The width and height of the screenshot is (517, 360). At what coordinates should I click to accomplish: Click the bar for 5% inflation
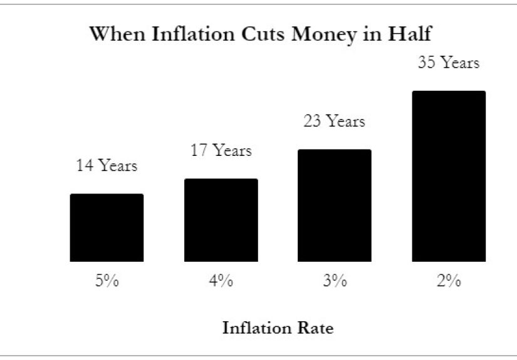(x=107, y=227)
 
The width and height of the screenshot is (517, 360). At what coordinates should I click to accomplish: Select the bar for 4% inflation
(x=221, y=220)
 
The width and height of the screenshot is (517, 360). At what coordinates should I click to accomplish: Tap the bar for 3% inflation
(x=334, y=205)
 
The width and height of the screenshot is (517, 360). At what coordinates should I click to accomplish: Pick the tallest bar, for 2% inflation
(x=448, y=176)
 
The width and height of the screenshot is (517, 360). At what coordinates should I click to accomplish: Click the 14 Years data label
(x=107, y=166)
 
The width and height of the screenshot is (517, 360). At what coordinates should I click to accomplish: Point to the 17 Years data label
(x=221, y=151)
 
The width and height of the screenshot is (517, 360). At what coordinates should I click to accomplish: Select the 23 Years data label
(x=334, y=121)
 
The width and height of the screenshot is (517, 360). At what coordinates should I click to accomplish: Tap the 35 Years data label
(x=448, y=63)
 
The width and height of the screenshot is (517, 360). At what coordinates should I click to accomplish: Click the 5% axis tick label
(x=107, y=281)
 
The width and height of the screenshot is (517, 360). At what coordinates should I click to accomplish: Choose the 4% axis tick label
(x=221, y=281)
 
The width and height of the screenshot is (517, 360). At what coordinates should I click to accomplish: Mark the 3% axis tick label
(x=334, y=281)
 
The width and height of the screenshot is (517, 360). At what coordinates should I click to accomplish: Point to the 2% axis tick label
(x=448, y=281)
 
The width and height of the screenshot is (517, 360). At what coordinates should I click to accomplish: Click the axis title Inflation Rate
(x=278, y=327)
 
